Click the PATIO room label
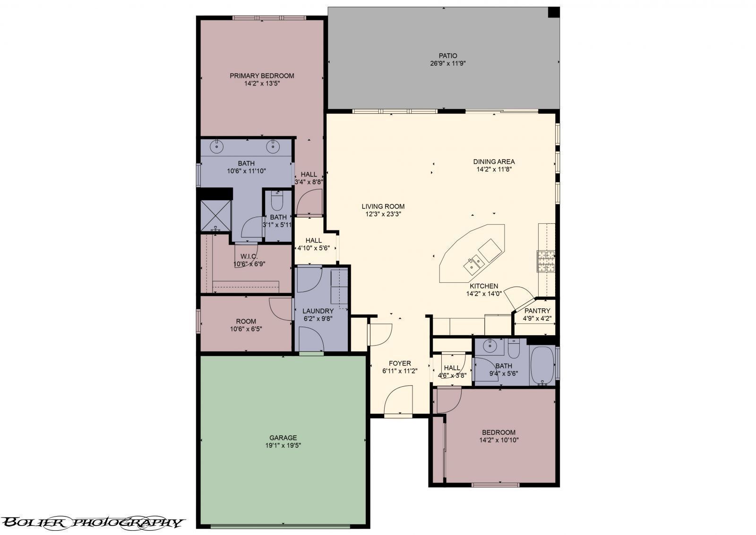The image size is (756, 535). pyautogui.click(x=447, y=56)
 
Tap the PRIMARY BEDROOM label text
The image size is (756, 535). pyautogui.click(x=262, y=76)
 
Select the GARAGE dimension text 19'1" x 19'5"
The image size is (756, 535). pyautogui.click(x=283, y=445)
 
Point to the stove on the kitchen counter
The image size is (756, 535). pyautogui.click(x=545, y=261)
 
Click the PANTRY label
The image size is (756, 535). pyautogui.click(x=537, y=311)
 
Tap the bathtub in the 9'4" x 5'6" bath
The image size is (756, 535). pyautogui.click(x=542, y=366)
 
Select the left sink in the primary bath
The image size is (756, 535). pyautogui.click(x=217, y=146)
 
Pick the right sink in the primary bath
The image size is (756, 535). pyautogui.click(x=273, y=146)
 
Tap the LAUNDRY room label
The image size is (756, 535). pyautogui.click(x=318, y=311)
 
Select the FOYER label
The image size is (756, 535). pyautogui.click(x=400, y=363)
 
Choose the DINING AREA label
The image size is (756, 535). pyautogui.click(x=494, y=161)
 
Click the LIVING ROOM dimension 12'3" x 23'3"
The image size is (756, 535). pyautogui.click(x=383, y=214)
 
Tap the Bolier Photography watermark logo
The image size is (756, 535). pyautogui.click(x=92, y=522)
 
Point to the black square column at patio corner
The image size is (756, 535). pyautogui.click(x=553, y=12)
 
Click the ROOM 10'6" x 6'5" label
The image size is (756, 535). pyautogui.click(x=246, y=322)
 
